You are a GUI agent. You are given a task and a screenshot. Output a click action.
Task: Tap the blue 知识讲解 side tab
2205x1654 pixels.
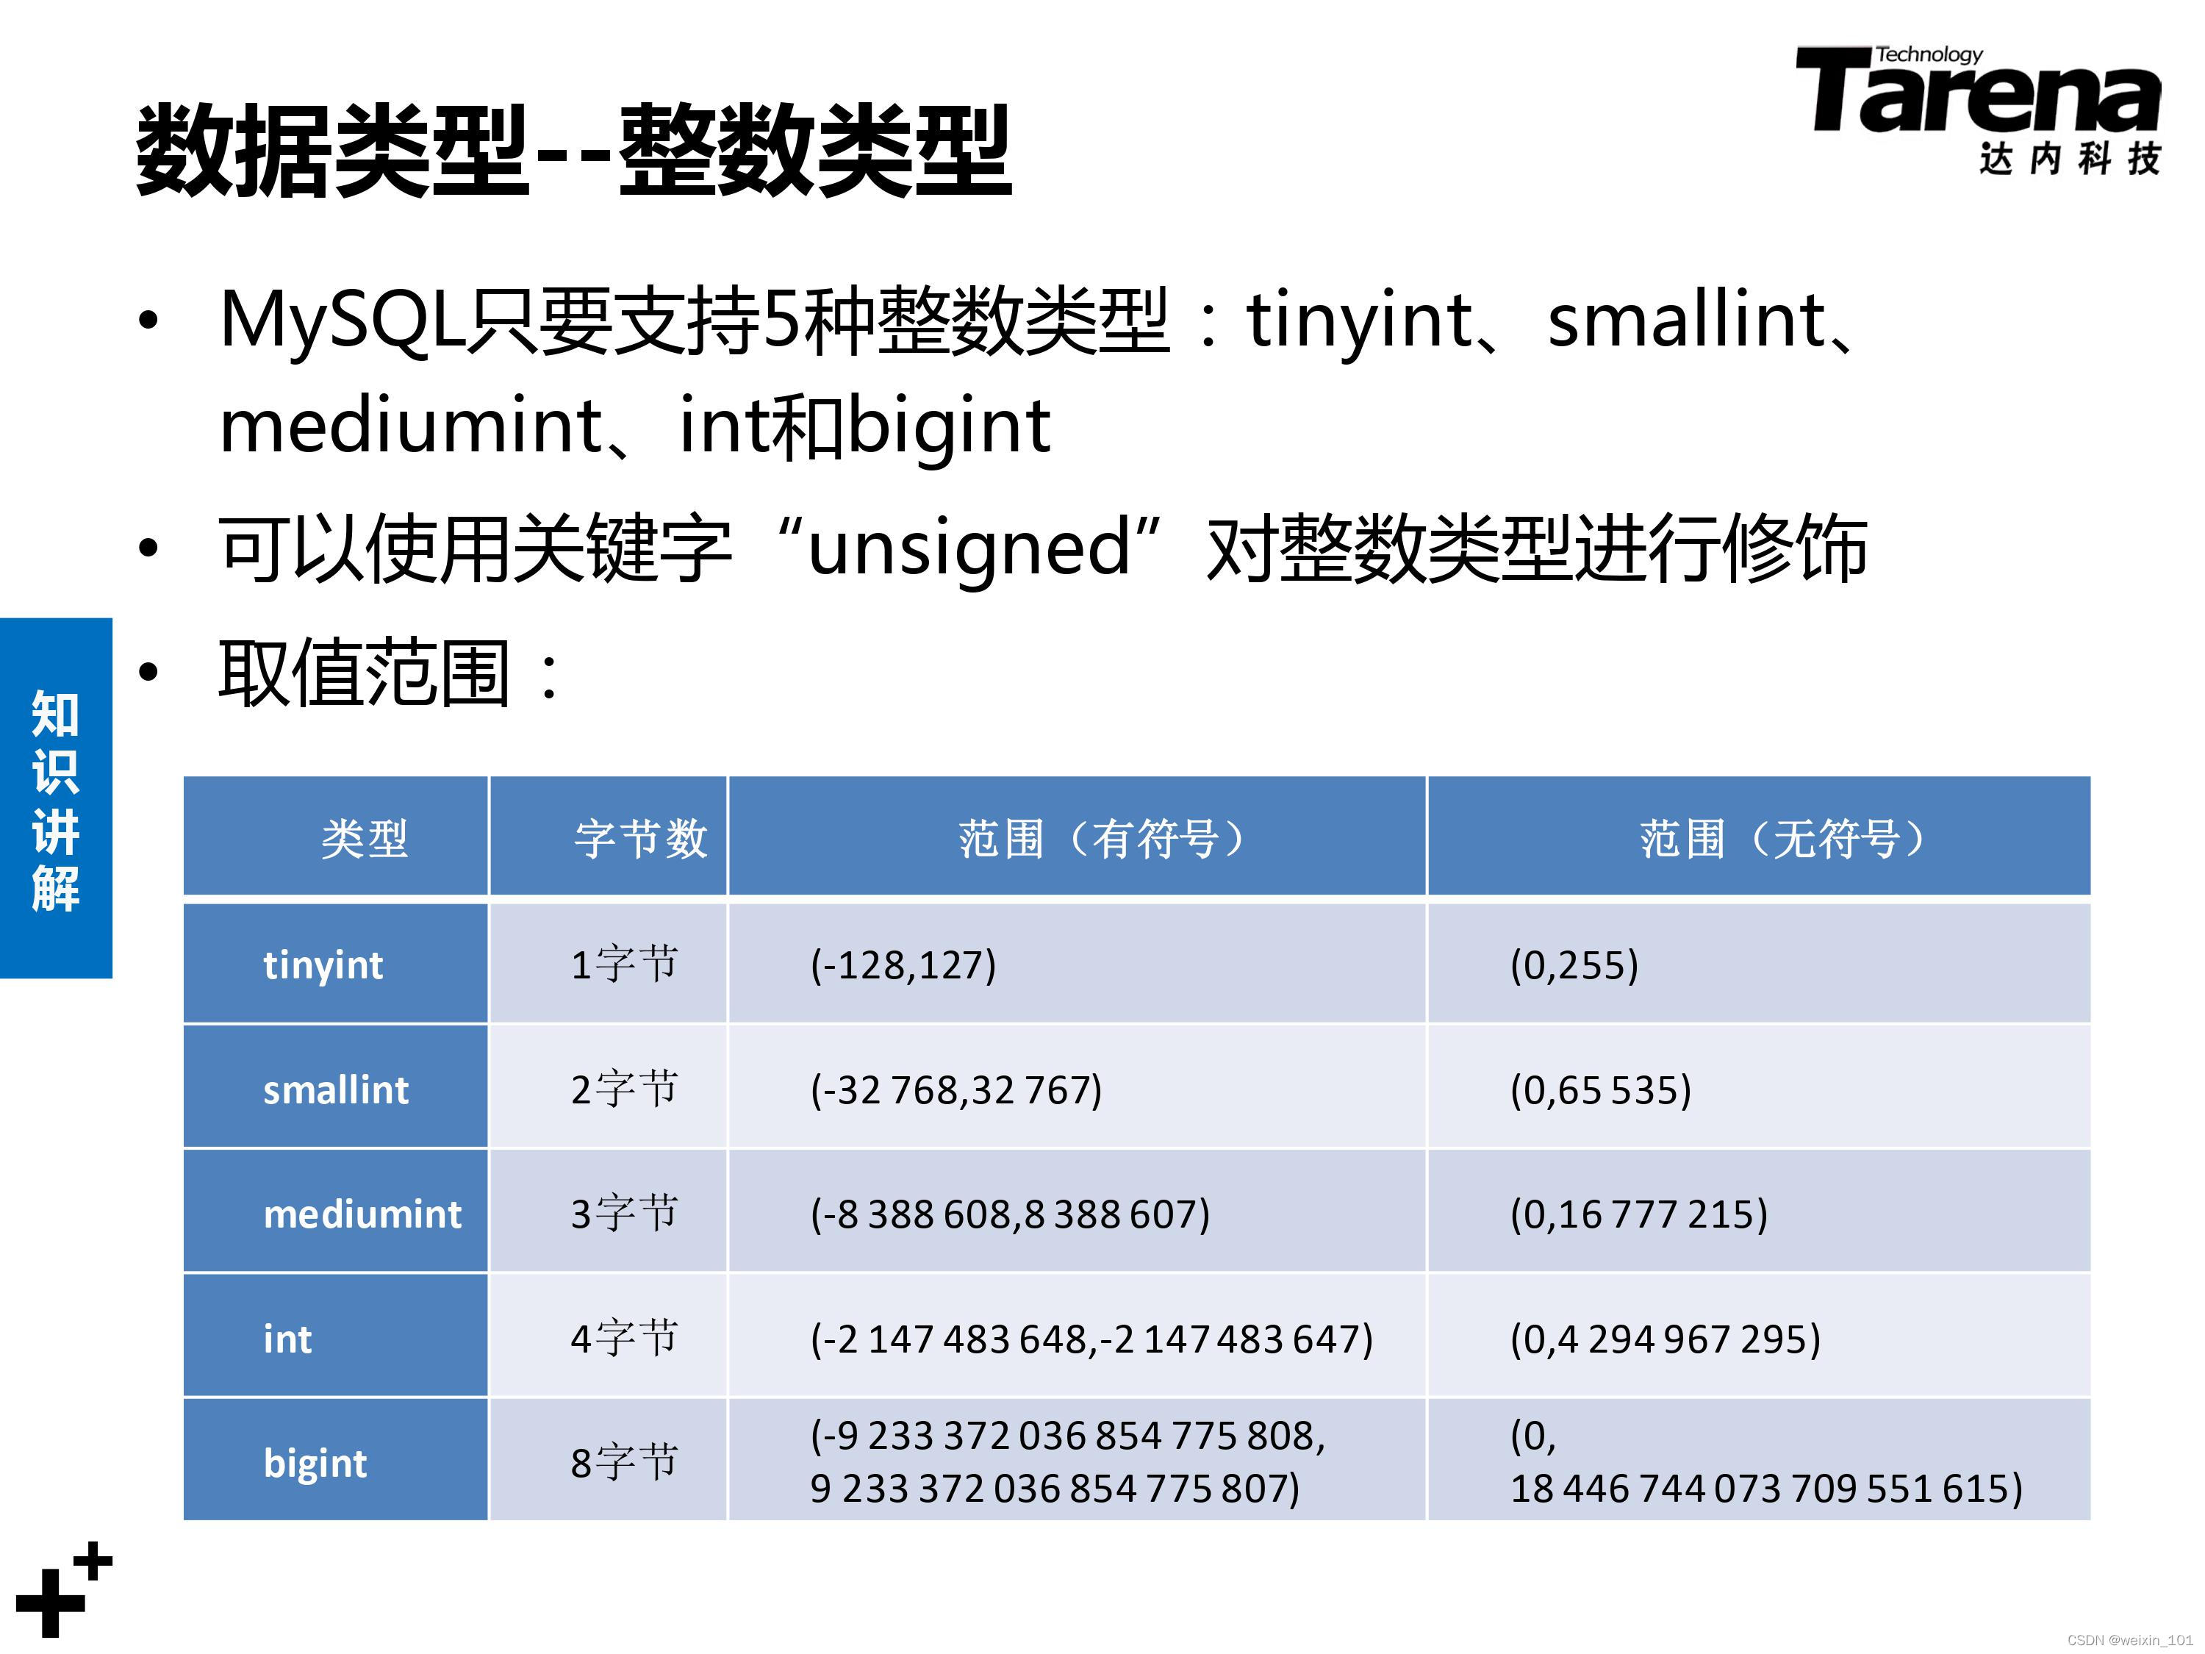coord(56,798)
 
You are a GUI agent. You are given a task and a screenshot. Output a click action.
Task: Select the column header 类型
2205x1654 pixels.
coord(364,839)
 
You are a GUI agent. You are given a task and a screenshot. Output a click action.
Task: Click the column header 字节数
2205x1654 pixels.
coord(641,839)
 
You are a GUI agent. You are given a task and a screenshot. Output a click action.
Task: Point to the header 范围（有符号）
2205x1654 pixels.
coord(1102,839)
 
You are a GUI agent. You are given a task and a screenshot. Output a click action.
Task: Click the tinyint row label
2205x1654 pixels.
coord(323,965)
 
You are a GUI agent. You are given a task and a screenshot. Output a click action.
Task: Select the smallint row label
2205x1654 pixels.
coord(336,1089)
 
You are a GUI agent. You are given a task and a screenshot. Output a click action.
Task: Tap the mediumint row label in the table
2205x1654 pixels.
coord(362,1214)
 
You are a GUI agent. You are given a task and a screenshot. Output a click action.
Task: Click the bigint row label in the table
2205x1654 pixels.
coord(315,1464)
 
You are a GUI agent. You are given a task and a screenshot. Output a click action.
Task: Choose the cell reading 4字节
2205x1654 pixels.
coord(624,1338)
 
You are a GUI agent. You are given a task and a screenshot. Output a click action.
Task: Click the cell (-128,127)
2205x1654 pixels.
coord(903,965)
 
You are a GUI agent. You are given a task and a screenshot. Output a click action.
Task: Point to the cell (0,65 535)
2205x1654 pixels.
coord(1601,1089)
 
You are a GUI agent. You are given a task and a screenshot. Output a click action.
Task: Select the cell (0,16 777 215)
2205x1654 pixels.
coord(1639,1214)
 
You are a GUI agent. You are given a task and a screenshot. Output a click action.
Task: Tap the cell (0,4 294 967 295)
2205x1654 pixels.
coord(1666,1339)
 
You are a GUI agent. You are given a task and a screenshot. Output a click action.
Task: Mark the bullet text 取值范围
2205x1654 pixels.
coord(365,674)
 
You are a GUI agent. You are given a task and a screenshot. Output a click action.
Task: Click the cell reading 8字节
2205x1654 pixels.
coord(624,1463)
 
